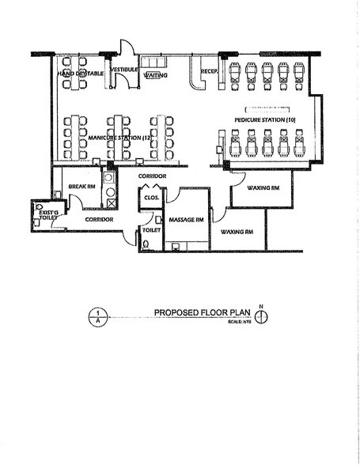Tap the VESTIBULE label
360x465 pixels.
125,70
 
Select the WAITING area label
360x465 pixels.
154,74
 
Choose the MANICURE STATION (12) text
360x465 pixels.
119,138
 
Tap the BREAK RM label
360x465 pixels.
82,187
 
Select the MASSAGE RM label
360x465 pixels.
188,219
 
